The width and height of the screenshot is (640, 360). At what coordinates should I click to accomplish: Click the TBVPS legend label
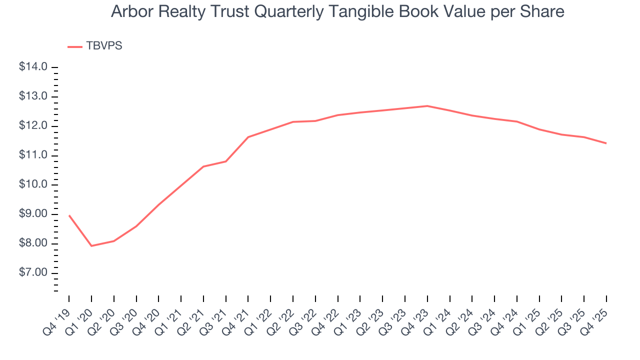click(x=104, y=46)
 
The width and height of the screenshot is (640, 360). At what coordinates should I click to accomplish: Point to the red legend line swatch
click(x=75, y=46)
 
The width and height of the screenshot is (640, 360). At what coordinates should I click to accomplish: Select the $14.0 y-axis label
click(x=33, y=67)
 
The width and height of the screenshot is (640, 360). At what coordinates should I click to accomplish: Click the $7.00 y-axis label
click(x=33, y=273)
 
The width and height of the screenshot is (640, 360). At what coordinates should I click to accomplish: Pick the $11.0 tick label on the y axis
click(x=33, y=155)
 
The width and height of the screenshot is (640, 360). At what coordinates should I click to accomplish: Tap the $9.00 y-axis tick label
click(x=33, y=214)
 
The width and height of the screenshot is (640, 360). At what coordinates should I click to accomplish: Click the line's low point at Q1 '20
click(x=91, y=246)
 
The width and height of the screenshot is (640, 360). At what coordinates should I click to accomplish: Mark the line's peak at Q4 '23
click(x=427, y=106)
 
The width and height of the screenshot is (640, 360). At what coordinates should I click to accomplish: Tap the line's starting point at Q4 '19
click(x=69, y=215)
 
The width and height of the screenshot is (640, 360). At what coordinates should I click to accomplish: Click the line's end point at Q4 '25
click(x=606, y=143)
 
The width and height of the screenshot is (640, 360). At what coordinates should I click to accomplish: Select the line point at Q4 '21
click(x=248, y=137)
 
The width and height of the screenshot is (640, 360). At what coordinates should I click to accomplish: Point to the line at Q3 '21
click(x=226, y=161)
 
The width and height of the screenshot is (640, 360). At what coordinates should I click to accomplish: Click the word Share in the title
click(x=546, y=11)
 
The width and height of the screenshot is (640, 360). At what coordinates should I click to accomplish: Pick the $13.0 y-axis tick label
click(x=33, y=96)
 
